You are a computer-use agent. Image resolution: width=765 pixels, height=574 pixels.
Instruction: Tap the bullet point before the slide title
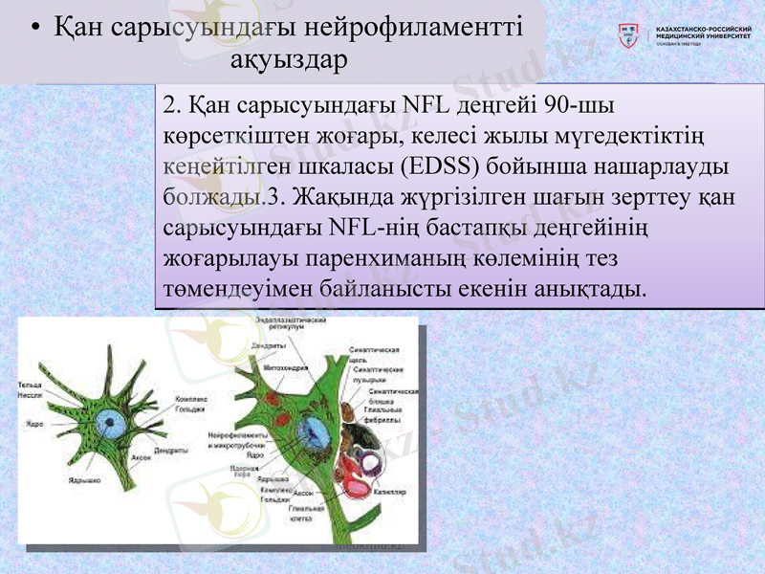click(35, 29)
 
